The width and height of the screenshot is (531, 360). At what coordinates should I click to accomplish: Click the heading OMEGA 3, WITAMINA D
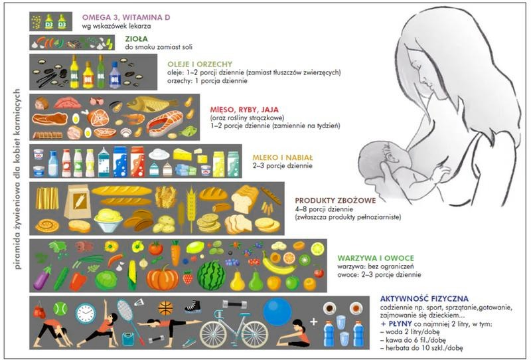(x=126, y=17)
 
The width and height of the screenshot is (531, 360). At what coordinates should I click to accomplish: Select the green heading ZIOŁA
(x=136, y=39)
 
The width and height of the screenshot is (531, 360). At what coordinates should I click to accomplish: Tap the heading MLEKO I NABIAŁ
(x=283, y=157)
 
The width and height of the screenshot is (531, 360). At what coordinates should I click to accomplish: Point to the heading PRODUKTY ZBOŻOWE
(x=335, y=201)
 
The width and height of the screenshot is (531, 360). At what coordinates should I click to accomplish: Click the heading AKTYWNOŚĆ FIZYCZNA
(x=424, y=299)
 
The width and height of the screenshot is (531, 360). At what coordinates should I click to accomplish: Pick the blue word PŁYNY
(x=400, y=323)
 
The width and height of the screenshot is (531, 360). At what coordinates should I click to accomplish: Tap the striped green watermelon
(x=211, y=275)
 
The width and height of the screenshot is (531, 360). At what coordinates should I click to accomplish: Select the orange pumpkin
(x=163, y=278)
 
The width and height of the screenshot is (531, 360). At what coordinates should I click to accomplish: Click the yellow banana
(x=277, y=265)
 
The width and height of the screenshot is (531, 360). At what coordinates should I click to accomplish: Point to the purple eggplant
(x=42, y=278)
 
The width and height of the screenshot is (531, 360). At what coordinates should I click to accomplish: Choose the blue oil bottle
(x=115, y=75)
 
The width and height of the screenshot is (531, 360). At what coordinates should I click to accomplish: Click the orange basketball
(x=165, y=308)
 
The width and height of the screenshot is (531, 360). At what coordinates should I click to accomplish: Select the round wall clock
(x=86, y=314)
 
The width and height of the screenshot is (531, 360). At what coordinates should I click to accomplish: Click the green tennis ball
(x=60, y=309)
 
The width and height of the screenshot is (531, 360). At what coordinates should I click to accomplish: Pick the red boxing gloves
(x=39, y=310)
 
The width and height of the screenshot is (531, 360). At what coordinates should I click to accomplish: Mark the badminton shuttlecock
(x=139, y=302)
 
